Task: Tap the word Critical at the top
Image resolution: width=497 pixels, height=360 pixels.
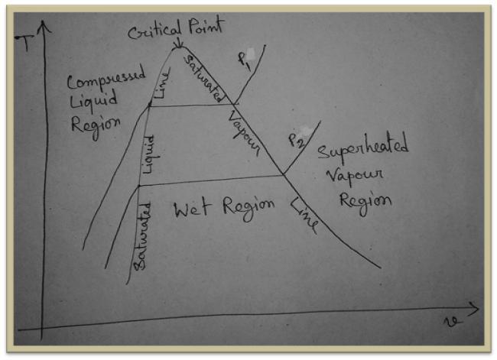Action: coord(151,31)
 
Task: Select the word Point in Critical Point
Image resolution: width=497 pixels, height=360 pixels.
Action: coord(206,28)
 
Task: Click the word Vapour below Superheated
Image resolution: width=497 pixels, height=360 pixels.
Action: coord(355,177)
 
